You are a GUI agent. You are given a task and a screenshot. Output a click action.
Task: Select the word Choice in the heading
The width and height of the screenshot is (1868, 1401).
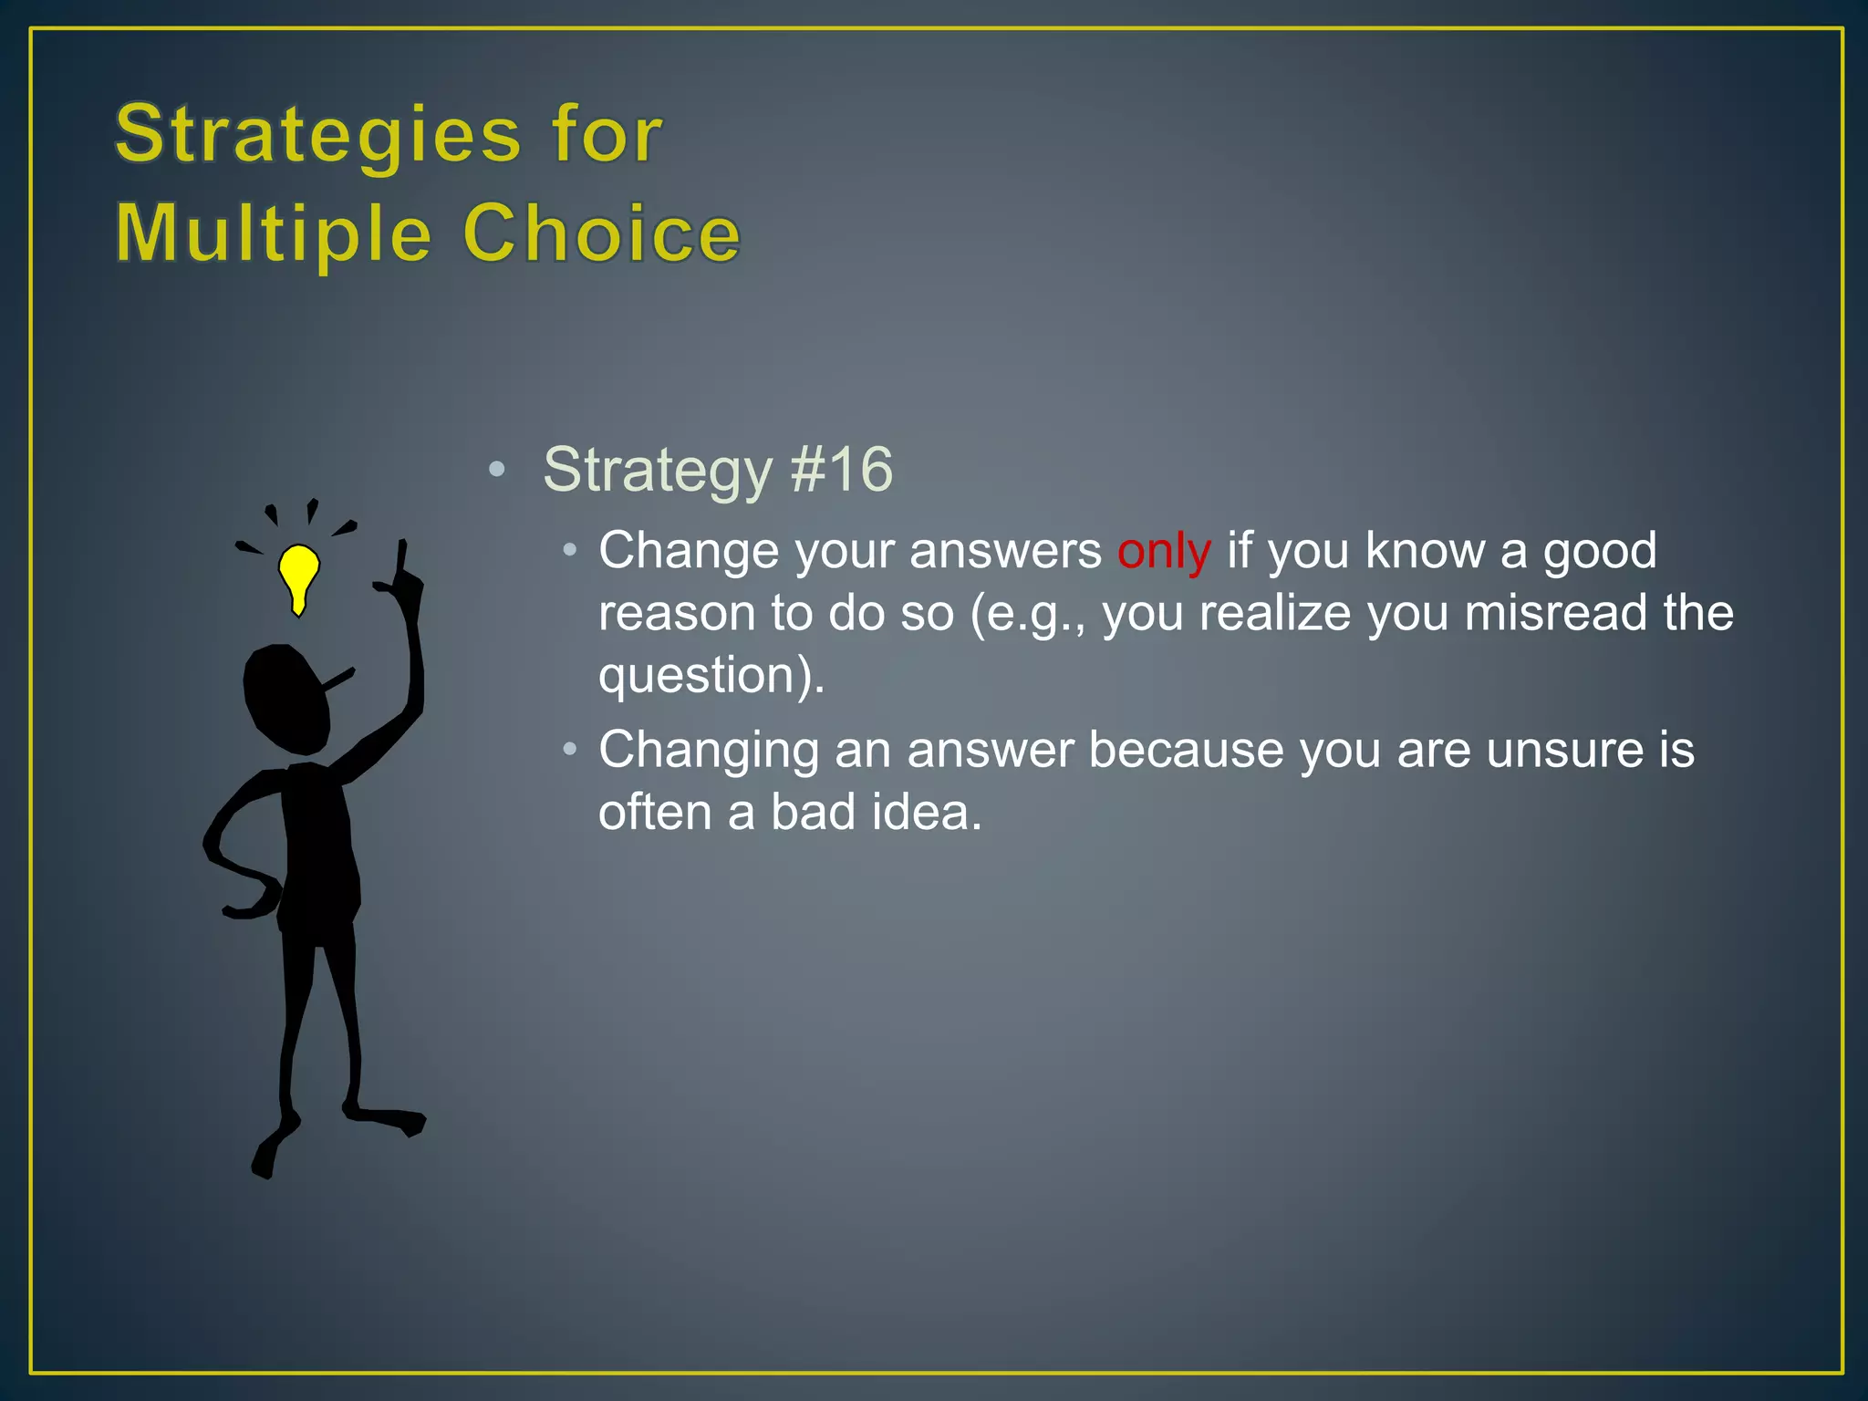click(x=602, y=234)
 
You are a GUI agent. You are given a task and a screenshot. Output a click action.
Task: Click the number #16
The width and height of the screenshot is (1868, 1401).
click(x=841, y=471)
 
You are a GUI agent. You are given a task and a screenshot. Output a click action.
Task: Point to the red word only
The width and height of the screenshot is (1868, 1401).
click(x=1164, y=551)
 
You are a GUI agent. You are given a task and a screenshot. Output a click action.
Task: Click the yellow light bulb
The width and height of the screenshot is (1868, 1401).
click(x=298, y=575)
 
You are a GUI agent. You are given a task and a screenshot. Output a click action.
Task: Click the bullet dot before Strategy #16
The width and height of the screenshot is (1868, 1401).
click(x=496, y=471)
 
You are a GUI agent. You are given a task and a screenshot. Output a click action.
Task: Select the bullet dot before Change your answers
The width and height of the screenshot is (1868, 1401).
click(x=570, y=550)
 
